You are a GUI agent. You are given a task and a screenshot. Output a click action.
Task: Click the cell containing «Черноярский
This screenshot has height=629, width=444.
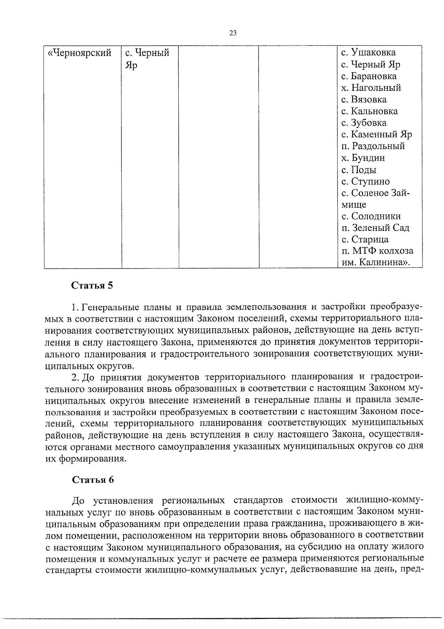coord(80,53)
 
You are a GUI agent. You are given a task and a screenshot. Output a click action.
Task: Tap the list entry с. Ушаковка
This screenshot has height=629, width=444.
coord(368,53)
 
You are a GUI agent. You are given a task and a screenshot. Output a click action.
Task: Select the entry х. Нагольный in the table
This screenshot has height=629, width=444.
coord(371,88)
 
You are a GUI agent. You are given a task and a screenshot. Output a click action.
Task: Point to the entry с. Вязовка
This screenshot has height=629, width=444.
coord(364,99)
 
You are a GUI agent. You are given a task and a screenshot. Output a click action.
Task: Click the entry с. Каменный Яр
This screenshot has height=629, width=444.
coord(376,134)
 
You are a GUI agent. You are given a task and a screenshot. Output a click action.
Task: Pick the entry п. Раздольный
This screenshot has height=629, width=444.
coord(373,146)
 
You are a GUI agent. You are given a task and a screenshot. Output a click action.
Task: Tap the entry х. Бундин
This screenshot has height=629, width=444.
coord(363,158)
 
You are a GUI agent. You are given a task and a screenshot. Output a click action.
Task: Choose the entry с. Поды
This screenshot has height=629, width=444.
coord(359,170)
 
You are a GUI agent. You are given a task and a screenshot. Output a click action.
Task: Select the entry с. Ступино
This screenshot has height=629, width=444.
coord(365,181)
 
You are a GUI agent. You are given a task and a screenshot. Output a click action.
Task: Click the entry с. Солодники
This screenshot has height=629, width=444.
coord(371,216)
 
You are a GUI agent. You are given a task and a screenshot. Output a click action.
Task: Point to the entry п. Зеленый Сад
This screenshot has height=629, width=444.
coord(375,228)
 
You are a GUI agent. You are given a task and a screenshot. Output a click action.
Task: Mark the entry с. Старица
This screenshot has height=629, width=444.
coord(365,239)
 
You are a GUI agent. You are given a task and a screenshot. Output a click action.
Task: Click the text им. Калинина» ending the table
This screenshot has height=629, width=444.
coord(376,262)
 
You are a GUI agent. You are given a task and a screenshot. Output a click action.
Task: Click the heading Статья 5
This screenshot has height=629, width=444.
coord(92,286)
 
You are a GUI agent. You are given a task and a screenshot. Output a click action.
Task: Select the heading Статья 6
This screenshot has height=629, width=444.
coord(92,480)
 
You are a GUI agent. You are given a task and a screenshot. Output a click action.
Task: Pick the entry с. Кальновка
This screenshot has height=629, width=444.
coord(369,111)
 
